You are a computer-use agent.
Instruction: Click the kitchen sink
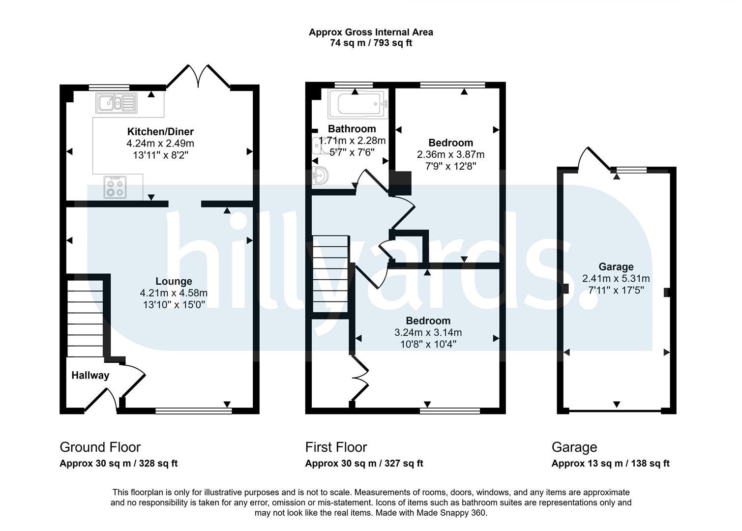point(116,103)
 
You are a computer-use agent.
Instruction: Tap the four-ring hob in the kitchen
point(115,187)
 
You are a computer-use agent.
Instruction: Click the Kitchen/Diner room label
point(160,131)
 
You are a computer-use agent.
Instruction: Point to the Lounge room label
point(174,281)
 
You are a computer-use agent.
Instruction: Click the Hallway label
point(90,375)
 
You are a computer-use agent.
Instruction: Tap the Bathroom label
point(352,128)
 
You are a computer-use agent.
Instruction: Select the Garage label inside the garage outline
point(616,266)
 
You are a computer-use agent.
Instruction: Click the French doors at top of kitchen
point(198,76)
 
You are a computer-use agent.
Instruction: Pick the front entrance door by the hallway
point(101,401)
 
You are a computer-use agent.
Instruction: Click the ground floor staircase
point(85,319)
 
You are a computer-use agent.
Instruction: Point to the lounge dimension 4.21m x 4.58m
point(174,293)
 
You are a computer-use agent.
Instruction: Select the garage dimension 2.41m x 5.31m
point(616,278)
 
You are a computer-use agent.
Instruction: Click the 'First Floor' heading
point(336,447)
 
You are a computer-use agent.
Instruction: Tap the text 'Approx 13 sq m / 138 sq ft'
point(611,463)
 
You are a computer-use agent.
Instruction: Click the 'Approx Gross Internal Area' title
point(371,32)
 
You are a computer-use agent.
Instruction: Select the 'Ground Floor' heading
point(100,447)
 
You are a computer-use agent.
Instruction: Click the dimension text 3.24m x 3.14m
point(428,332)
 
